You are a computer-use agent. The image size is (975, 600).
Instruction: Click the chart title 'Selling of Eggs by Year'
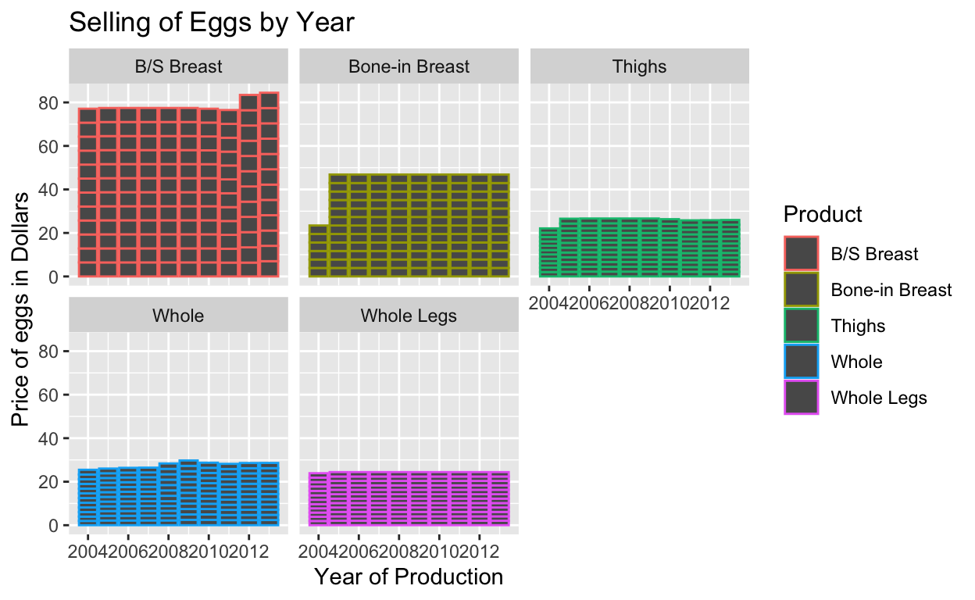(x=212, y=23)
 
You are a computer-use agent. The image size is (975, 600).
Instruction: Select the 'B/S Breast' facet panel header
(x=178, y=66)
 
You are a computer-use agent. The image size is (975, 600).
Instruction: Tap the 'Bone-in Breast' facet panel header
(x=409, y=66)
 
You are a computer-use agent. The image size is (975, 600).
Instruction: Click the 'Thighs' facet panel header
(x=640, y=66)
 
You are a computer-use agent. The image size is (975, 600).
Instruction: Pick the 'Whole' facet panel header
(x=178, y=316)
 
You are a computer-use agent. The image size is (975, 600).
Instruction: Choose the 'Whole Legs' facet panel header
(x=409, y=316)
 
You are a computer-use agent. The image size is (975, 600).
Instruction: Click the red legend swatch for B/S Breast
(x=802, y=253)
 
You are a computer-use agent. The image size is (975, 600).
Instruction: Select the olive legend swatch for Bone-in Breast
(x=802, y=289)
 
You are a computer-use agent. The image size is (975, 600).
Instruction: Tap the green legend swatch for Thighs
(x=802, y=325)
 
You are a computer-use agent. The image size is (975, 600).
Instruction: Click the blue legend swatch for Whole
(x=802, y=362)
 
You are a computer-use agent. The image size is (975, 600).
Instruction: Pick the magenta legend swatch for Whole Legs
(x=802, y=398)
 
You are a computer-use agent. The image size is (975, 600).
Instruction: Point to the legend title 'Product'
(x=823, y=214)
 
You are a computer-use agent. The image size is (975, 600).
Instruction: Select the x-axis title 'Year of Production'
(x=409, y=577)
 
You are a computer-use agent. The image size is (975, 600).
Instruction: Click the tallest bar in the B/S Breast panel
(x=269, y=184)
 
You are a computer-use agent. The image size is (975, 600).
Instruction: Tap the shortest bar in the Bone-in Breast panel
(x=319, y=251)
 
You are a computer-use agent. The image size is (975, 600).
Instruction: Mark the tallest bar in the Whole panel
(x=188, y=493)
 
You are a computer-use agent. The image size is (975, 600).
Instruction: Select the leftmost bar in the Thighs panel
(x=549, y=252)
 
